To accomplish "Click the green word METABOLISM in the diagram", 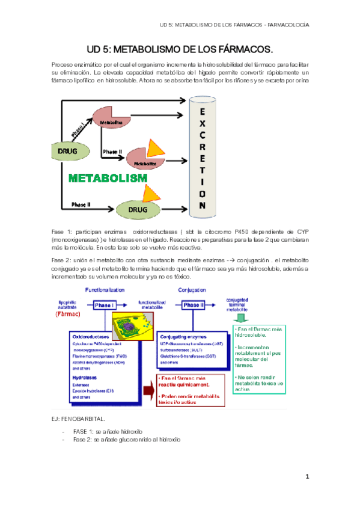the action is tap(108, 178).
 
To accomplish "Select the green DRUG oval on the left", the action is tap(68, 151).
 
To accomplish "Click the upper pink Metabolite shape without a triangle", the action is tap(109, 120).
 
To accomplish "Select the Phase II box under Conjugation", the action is tap(194, 306).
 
